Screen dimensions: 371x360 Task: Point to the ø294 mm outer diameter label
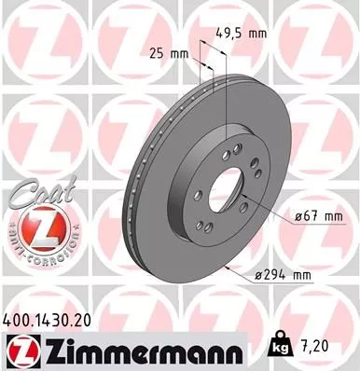point(284,275)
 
